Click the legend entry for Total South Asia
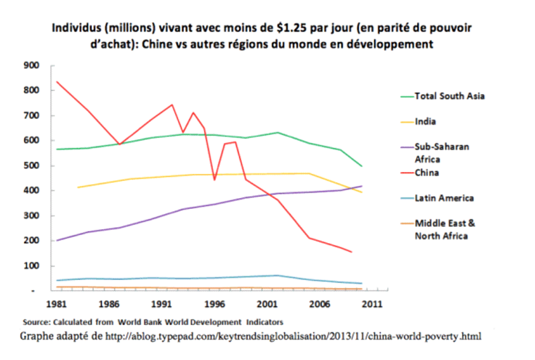pos(450,95)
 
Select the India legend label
pos(425,122)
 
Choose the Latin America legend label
pos(444,198)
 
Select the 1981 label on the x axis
pos(56,304)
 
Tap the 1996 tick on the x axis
pos(214,304)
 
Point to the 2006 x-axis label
pos(319,304)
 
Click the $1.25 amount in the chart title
pos(291,30)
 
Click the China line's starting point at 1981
pos(57,82)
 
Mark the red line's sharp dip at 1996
pos(214,179)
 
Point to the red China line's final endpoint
pos(351,252)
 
